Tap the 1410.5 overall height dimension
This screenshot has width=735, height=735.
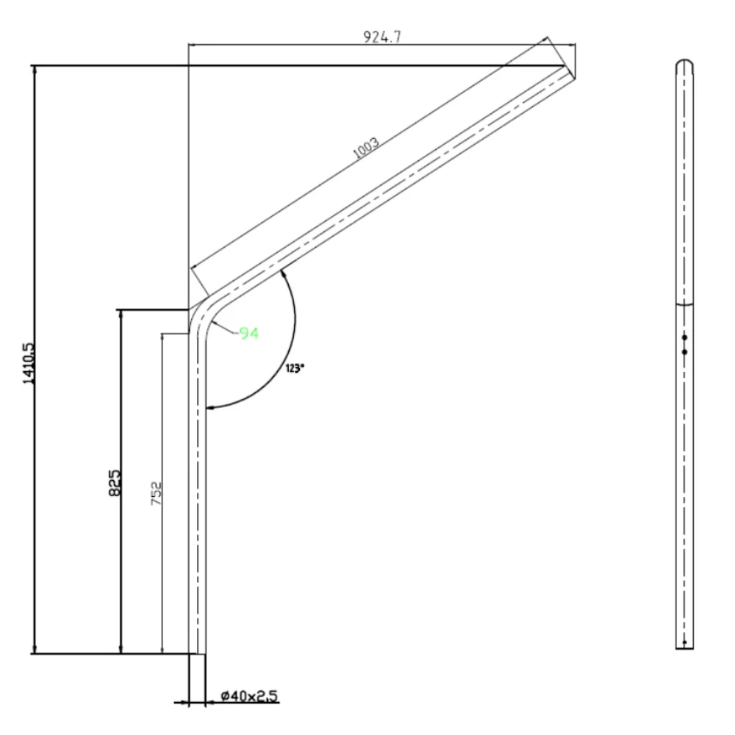point(29,360)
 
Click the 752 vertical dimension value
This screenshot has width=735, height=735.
point(156,495)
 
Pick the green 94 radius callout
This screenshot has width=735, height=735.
point(248,334)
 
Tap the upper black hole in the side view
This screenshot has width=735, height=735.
point(684,337)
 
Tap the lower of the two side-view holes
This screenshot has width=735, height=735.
point(684,352)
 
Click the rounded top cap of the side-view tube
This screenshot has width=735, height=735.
point(684,63)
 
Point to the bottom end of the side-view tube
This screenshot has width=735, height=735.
point(684,647)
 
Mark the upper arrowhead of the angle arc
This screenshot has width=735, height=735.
point(284,273)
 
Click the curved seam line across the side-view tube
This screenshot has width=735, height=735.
point(684,303)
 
